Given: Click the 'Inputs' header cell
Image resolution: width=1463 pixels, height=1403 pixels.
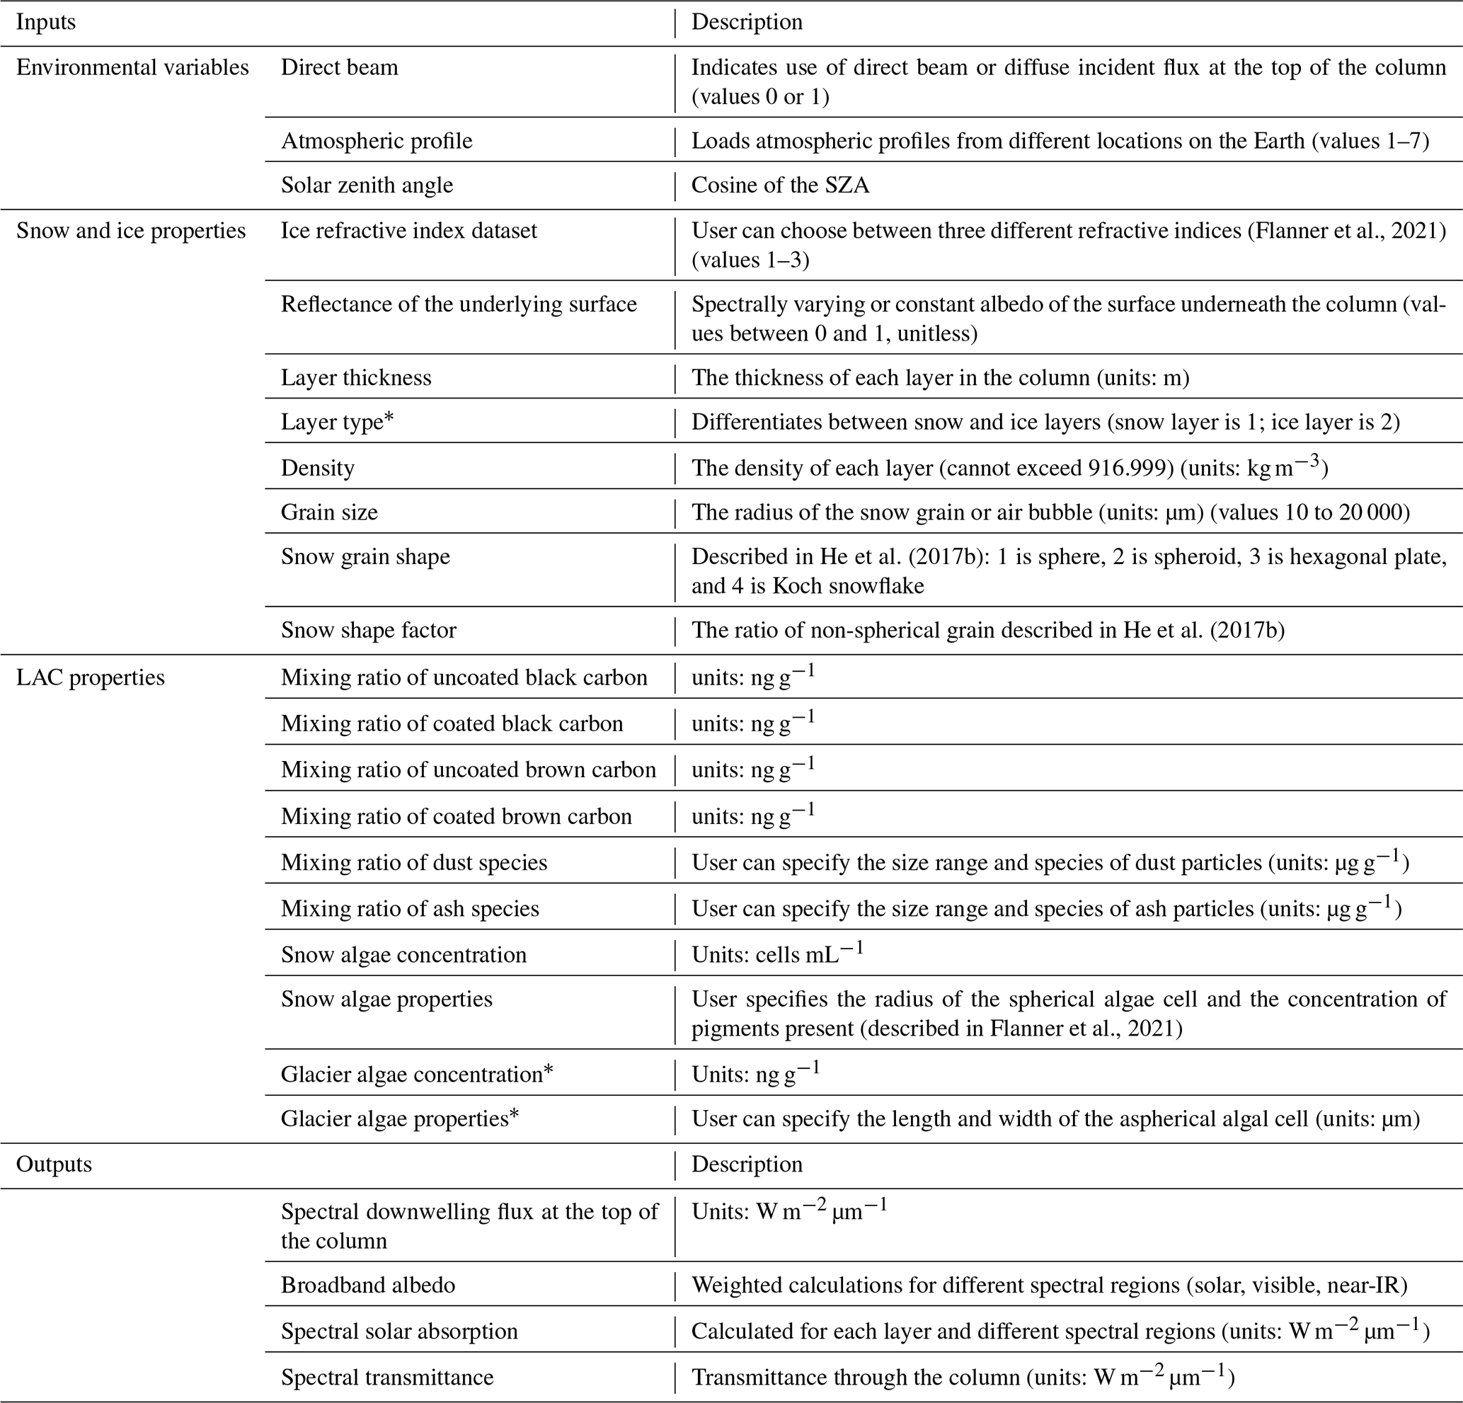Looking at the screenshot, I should click(45, 23).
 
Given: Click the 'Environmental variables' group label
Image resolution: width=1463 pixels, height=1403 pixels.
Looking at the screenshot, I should click(132, 68).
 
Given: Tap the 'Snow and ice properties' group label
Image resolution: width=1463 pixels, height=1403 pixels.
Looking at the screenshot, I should click(131, 231).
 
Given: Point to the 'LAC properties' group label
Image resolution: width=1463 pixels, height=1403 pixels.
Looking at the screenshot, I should click(91, 677).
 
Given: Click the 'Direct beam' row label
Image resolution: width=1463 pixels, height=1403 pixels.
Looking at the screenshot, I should click(339, 68).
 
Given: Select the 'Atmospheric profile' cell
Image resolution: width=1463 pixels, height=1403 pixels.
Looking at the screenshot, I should click(377, 141).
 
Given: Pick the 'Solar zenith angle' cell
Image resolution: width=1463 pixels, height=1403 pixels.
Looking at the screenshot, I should click(367, 185).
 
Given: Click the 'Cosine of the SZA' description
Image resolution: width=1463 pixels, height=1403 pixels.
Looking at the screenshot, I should click(780, 185).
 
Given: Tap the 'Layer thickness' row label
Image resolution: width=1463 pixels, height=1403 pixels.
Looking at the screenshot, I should click(356, 378).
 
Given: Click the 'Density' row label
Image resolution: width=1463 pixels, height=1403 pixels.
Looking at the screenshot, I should click(317, 468).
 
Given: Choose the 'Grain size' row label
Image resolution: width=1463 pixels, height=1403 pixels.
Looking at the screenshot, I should click(329, 512).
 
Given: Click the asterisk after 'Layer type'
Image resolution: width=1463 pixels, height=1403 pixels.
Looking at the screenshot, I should click(388, 419).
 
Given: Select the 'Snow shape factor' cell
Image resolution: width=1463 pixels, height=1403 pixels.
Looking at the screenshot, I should click(368, 630).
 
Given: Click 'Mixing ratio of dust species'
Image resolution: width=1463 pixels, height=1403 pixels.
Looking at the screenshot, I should click(413, 862).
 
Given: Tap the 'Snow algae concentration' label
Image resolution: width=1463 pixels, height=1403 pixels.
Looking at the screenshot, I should click(403, 955).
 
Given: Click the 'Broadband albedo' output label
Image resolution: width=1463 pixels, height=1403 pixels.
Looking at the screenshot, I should click(367, 1285).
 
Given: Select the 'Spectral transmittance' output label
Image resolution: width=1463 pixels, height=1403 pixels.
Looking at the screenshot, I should click(386, 1378).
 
